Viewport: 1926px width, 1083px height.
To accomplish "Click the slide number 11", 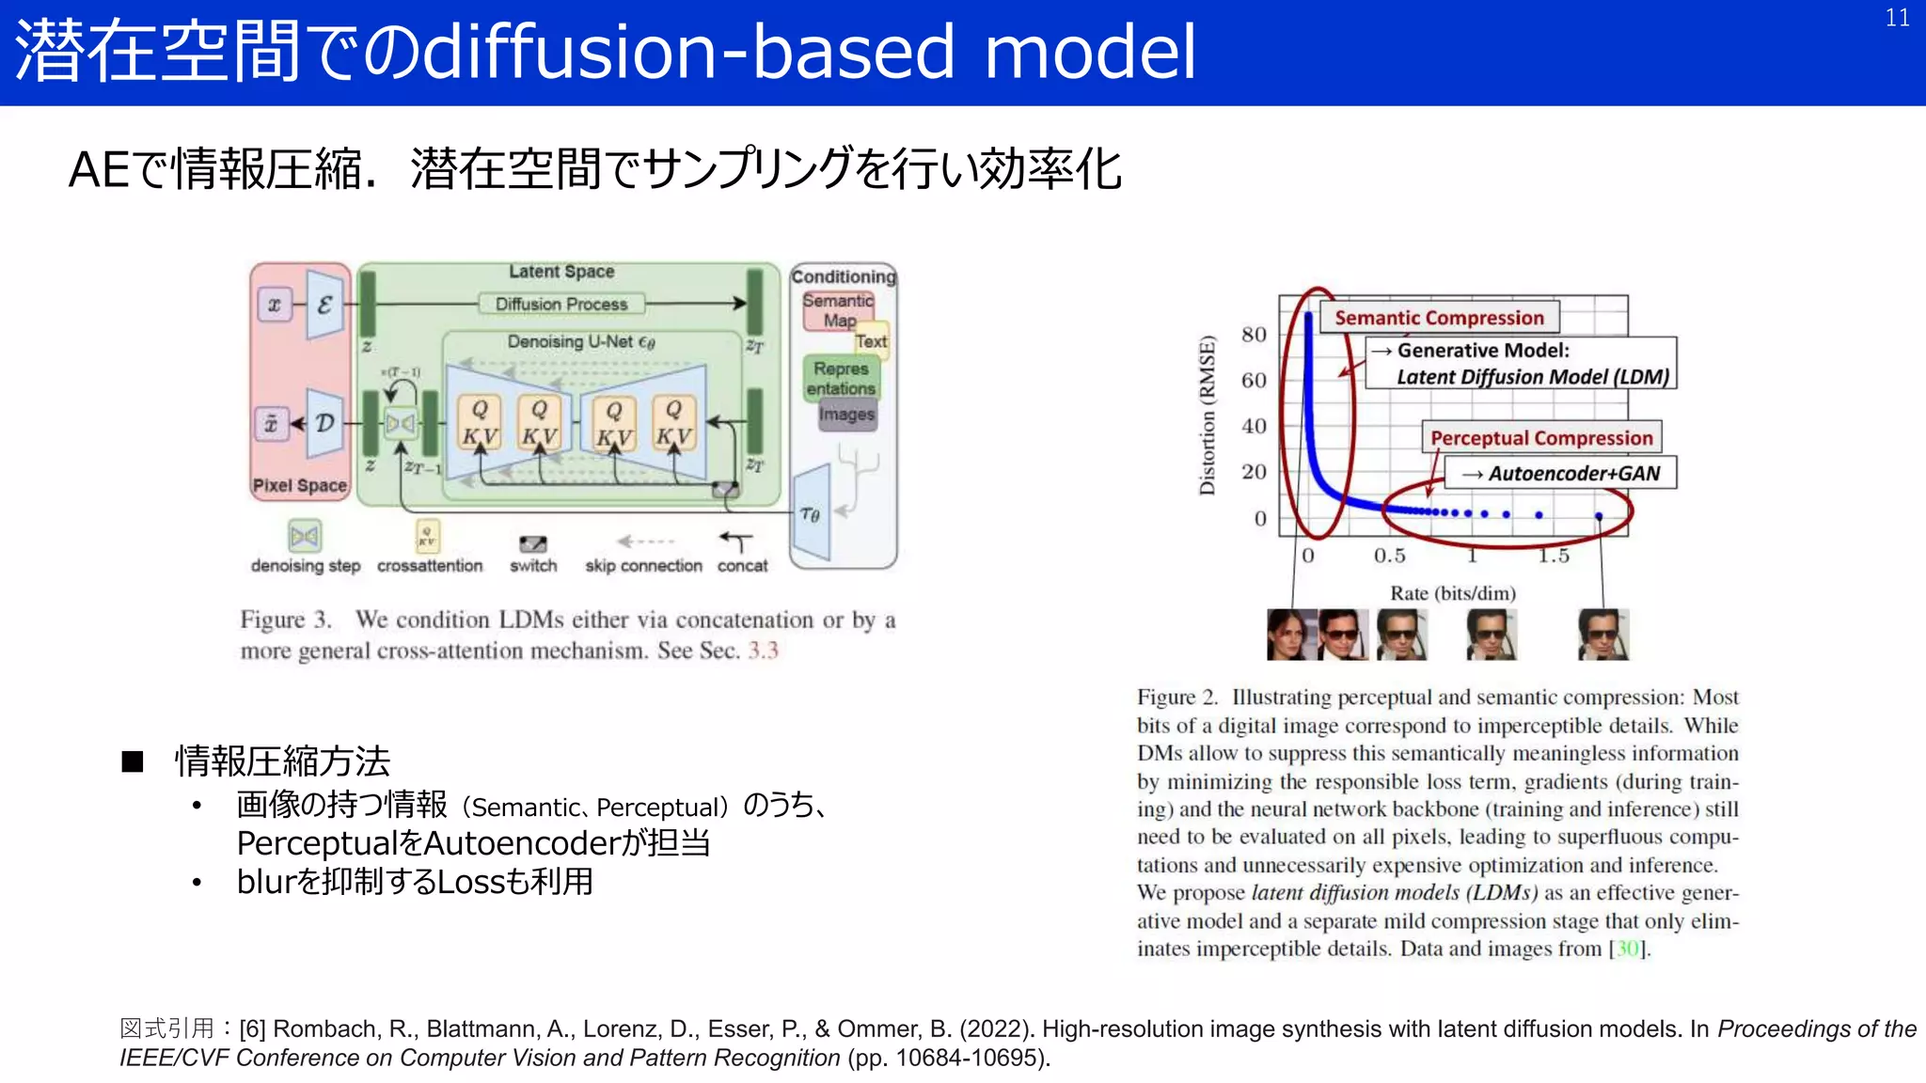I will [1897, 18].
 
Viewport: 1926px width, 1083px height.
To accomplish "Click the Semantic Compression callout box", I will [1439, 318].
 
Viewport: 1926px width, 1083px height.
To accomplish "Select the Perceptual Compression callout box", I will [1540, 438].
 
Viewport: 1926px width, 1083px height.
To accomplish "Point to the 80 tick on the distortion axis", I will [1254, 335].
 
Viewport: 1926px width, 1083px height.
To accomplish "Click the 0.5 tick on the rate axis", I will [1389, 556].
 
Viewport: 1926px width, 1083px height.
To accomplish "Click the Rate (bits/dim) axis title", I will [1452, 593].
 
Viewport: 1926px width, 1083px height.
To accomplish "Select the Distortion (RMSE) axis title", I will [1208, 415].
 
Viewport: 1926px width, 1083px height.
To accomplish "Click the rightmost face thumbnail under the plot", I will [1602, 635].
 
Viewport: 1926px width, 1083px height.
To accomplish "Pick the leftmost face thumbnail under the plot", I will [1290, 635].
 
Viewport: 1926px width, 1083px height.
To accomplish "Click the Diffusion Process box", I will [560, 304].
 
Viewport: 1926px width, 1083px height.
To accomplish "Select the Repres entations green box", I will [840, 378].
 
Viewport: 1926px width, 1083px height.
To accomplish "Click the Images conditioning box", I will [846, 415].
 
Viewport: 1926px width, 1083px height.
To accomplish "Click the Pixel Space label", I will [299, 485].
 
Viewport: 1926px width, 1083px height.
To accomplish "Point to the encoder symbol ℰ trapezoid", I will [325, 305].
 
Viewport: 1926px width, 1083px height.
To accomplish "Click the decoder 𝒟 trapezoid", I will [325, 423].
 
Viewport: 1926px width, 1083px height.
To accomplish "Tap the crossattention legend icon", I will [427, 537].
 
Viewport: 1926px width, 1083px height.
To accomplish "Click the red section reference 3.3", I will [763, 651].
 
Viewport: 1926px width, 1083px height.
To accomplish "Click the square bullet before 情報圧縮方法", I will [133, 761].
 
